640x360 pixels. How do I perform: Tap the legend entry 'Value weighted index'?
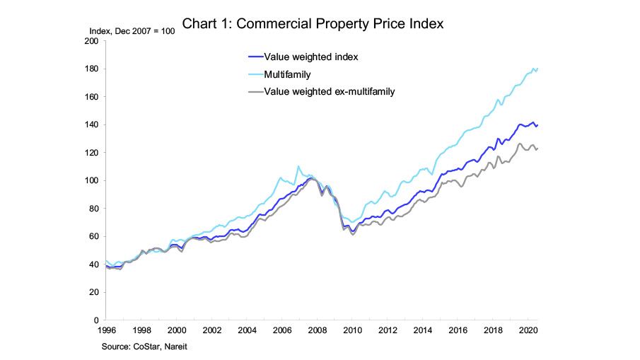306,56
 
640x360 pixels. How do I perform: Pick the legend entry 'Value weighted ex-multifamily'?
329,91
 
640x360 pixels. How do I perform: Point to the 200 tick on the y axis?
91,41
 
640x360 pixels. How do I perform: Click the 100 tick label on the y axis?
91,180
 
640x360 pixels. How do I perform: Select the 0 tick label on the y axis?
95,320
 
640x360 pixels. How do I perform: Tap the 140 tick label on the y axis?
91,124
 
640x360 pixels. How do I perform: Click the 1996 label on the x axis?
105,330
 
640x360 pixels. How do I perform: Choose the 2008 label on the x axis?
316,330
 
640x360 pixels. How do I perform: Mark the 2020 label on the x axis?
526,330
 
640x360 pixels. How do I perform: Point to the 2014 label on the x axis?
421,330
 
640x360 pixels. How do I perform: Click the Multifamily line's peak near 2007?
298,166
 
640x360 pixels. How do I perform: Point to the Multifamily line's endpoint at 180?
537,69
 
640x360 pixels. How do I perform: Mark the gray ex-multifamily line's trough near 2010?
353,234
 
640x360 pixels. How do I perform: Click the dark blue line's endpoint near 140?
537,124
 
